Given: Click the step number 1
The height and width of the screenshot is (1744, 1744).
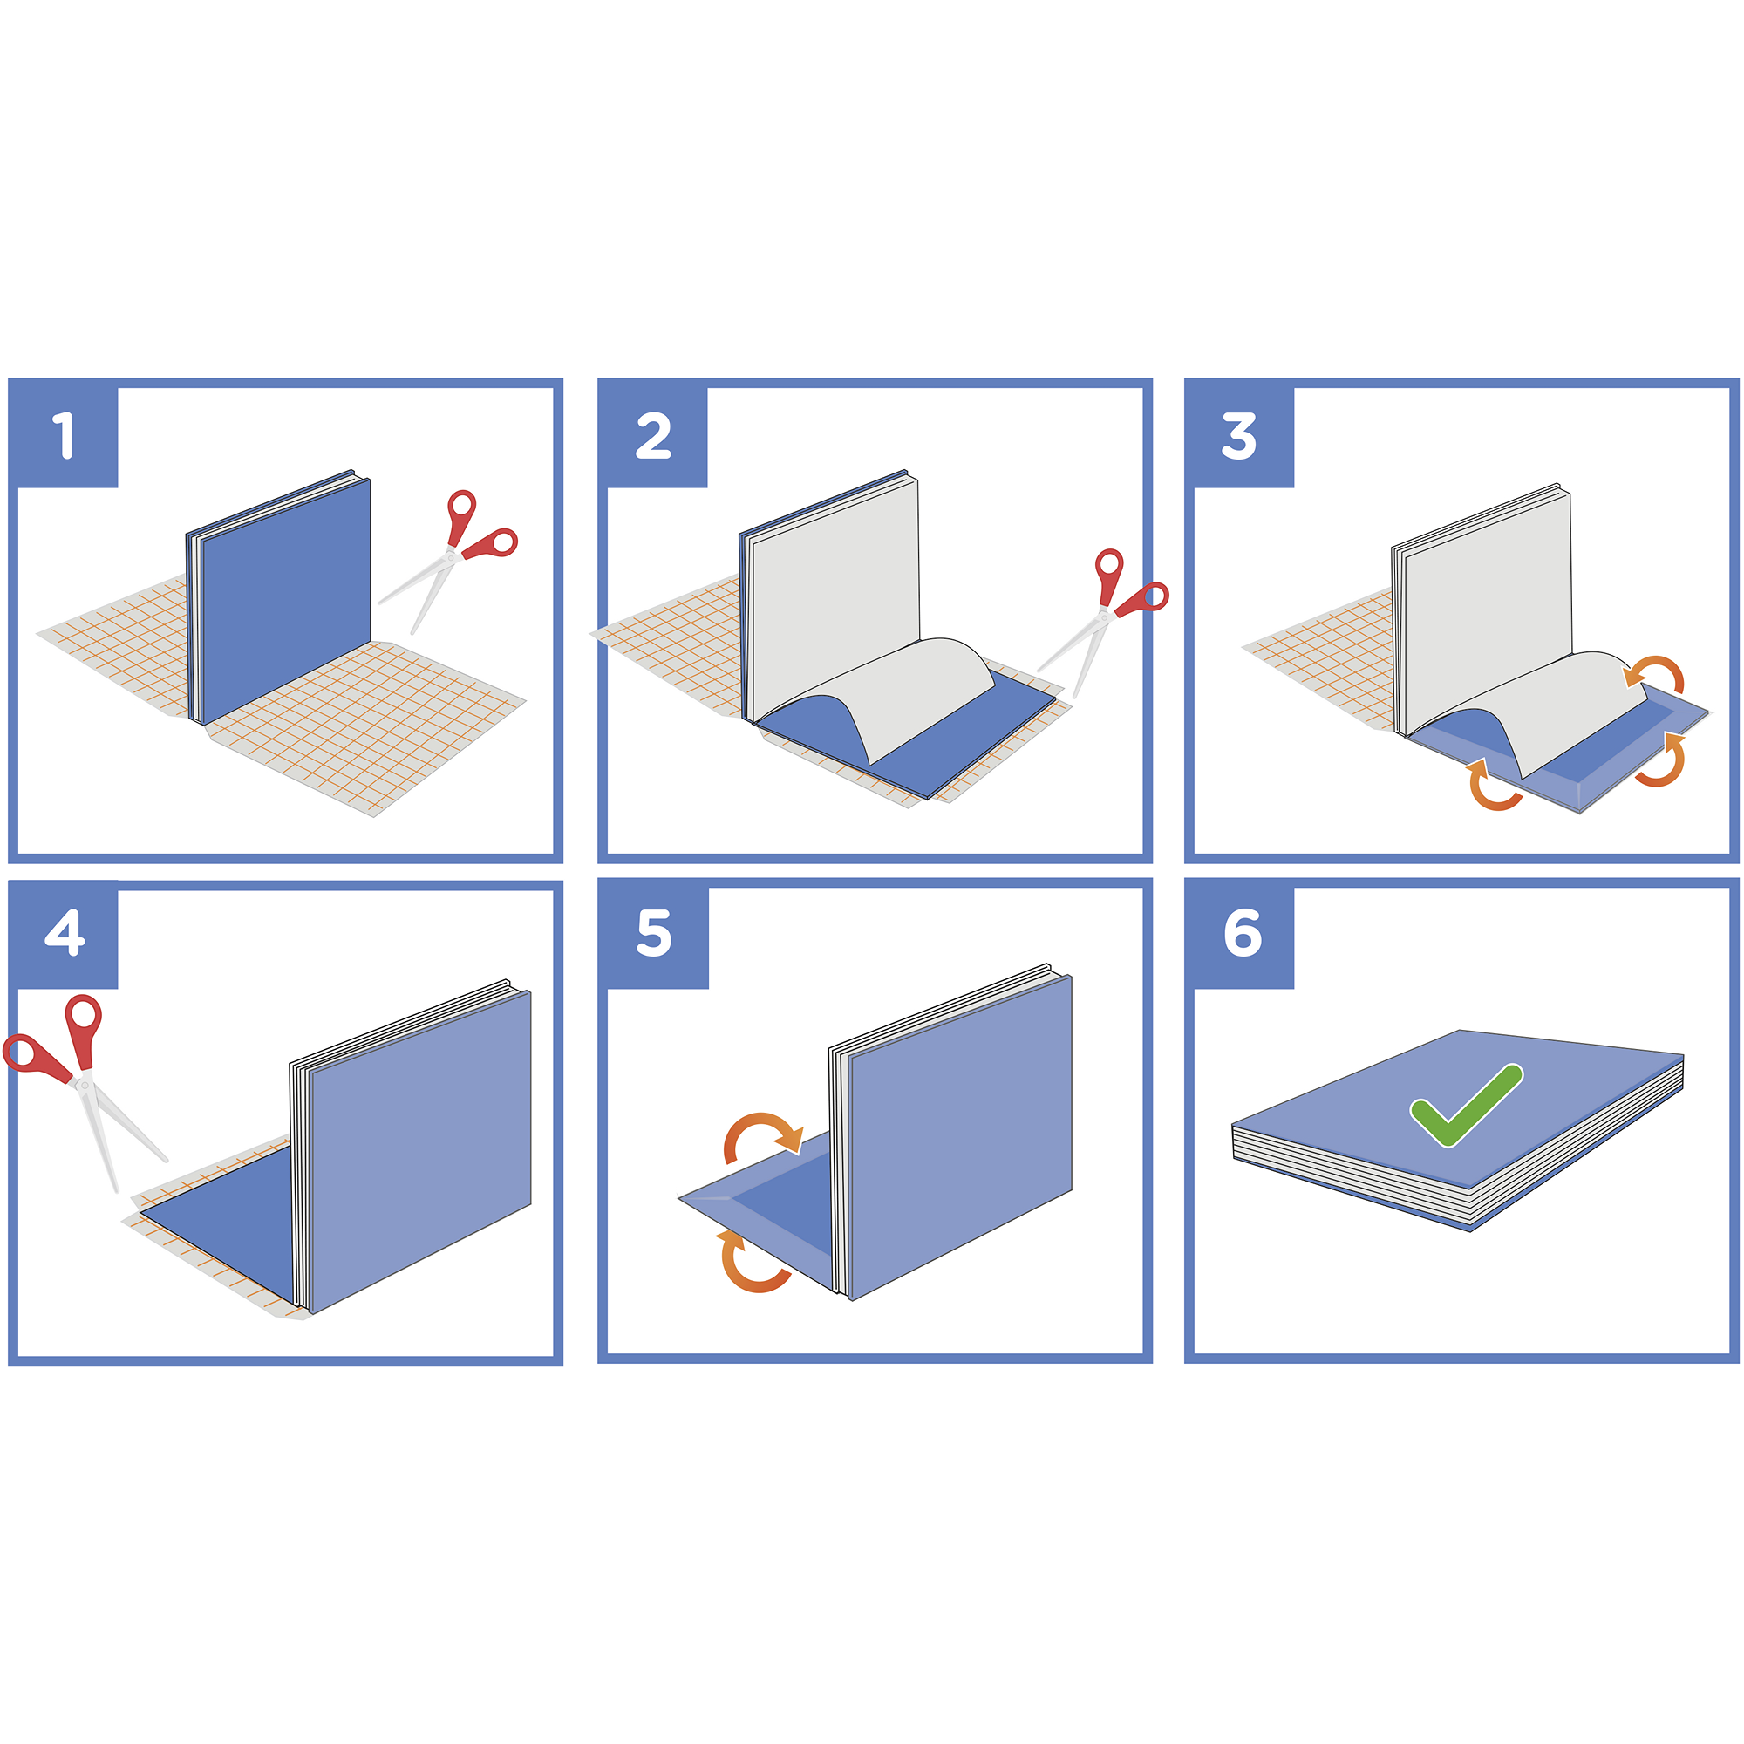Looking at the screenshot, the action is pos(63,435).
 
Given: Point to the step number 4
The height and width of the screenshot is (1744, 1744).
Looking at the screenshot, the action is pos(65,932).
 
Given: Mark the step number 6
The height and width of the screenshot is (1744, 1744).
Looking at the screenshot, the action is pos(1243,932).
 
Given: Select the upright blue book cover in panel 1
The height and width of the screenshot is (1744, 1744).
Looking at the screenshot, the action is pos(285,600).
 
